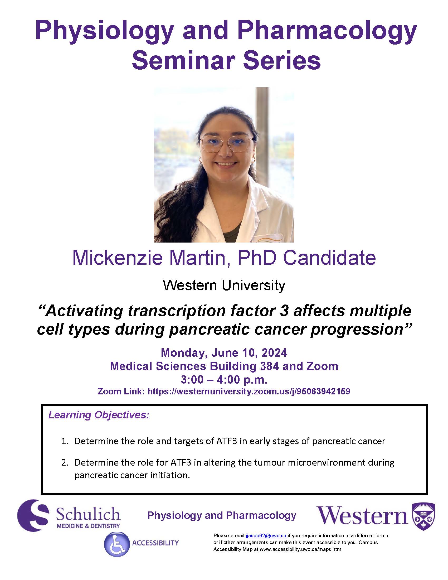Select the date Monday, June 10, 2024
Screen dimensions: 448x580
coord(224,353)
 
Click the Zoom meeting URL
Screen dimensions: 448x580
coord(249,391)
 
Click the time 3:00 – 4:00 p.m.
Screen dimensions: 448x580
coord(224,379)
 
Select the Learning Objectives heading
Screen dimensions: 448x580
coord(99,415)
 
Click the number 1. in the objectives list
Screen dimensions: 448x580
coord(65,441)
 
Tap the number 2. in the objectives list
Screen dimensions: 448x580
coord(65,462)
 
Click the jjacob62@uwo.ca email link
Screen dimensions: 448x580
coord(266,535)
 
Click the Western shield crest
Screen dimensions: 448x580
coord(423,516)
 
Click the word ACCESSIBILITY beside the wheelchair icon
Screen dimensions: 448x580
coord(155,543)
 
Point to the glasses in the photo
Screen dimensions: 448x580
coord(226,144)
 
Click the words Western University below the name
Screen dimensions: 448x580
coord(224,286)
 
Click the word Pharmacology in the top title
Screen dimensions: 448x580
coord(327,31)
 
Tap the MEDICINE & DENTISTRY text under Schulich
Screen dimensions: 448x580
coord(88,526)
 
